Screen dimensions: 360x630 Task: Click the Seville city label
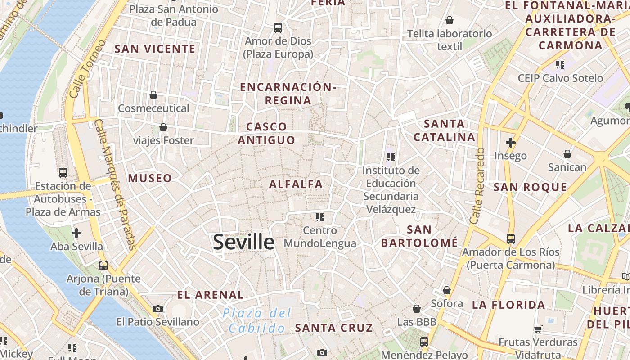click(x=243, y=242)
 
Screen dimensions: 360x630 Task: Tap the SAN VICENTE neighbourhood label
click(x=155, y=49)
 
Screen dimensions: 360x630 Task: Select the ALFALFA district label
click(x=296, y=184)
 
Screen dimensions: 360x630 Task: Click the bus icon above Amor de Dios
click(x=278, y=28)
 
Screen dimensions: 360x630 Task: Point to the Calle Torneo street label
click(x=87, y=69)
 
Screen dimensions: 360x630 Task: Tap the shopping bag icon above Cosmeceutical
click(x=153, y=95)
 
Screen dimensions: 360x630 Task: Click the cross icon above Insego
click(x=510, y=143)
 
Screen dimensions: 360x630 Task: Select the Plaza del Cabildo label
click(x=257, y=320)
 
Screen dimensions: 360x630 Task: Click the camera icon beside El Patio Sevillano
click(x=157, y=309)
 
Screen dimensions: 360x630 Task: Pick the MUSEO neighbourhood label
click(x=150, y=178)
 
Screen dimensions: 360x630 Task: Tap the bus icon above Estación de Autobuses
click(x=63, y=172)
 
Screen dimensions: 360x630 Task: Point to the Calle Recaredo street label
click(x=477, y=185)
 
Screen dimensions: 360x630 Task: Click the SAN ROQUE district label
click(x=530, y=187)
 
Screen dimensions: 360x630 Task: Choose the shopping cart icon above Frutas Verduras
click(x=538, y=329)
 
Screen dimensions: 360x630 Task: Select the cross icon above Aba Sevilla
click(x=76, y=233)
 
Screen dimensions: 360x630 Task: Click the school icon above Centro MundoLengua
click(x=320, y=217)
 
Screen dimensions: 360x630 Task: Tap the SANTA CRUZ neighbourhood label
click(x=334, y=328)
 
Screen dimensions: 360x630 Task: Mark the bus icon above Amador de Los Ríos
click(x=510, y=238)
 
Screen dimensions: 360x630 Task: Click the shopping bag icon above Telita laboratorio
click(x=449, y=20)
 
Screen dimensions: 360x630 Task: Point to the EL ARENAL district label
click(x=210, y=295)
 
